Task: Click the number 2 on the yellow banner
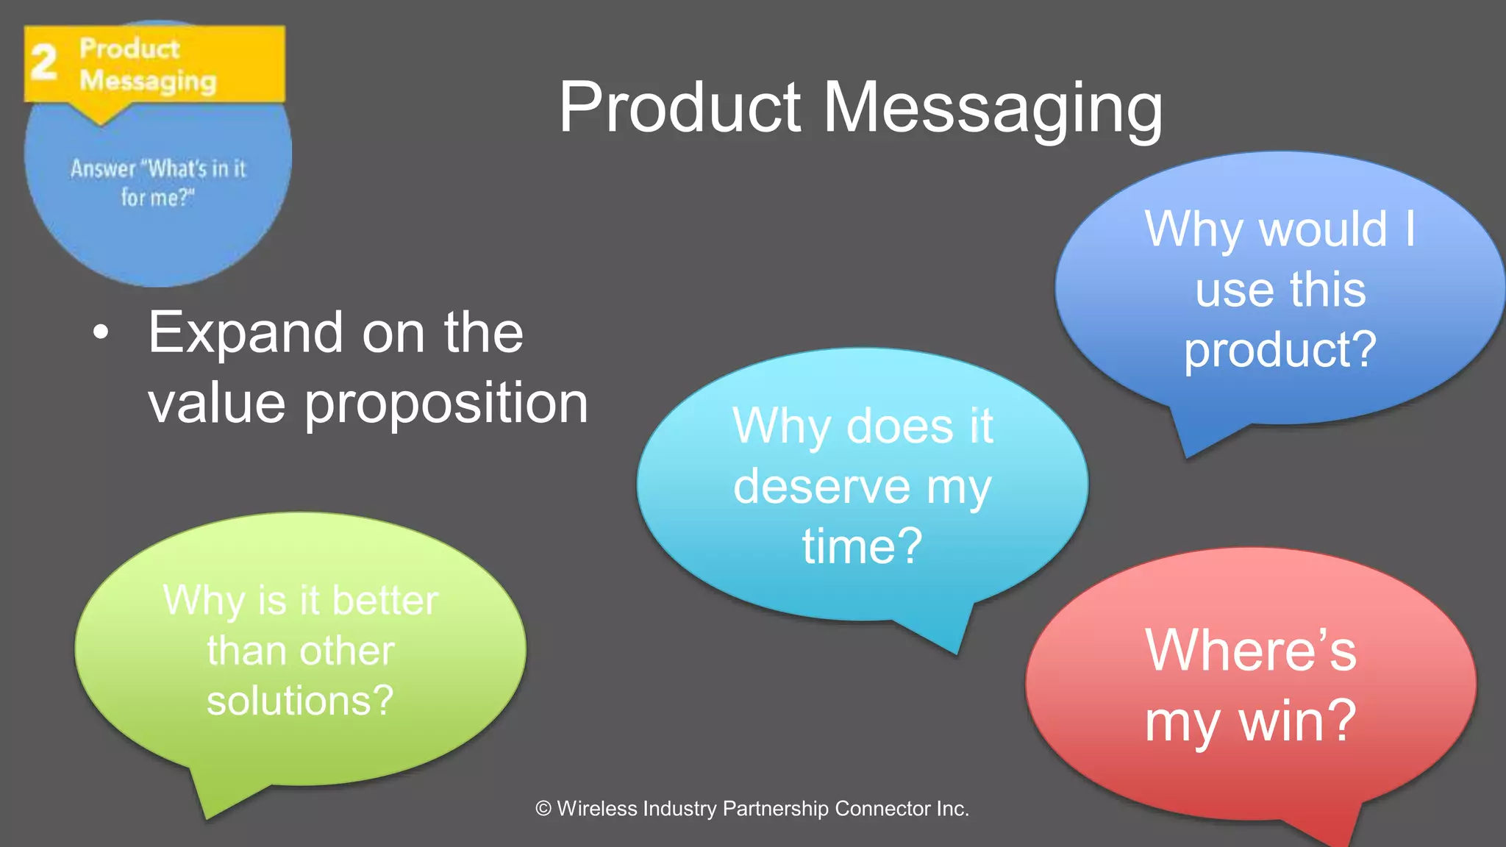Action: click(43, 62)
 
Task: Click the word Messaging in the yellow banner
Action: click(148, 81)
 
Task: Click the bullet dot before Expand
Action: click(101, 333)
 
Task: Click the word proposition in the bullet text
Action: click(446, 404)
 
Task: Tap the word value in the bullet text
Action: click(217, 404)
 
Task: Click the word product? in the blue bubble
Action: click(1280, 350)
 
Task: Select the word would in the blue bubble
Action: click(1323, 229)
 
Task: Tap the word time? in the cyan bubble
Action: click(862, 546)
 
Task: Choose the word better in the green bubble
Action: click(385, 601)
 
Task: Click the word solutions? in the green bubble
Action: click(300, 701)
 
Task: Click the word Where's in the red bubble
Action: click(1250, 651)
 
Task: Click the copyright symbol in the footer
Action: click(543, 809)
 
